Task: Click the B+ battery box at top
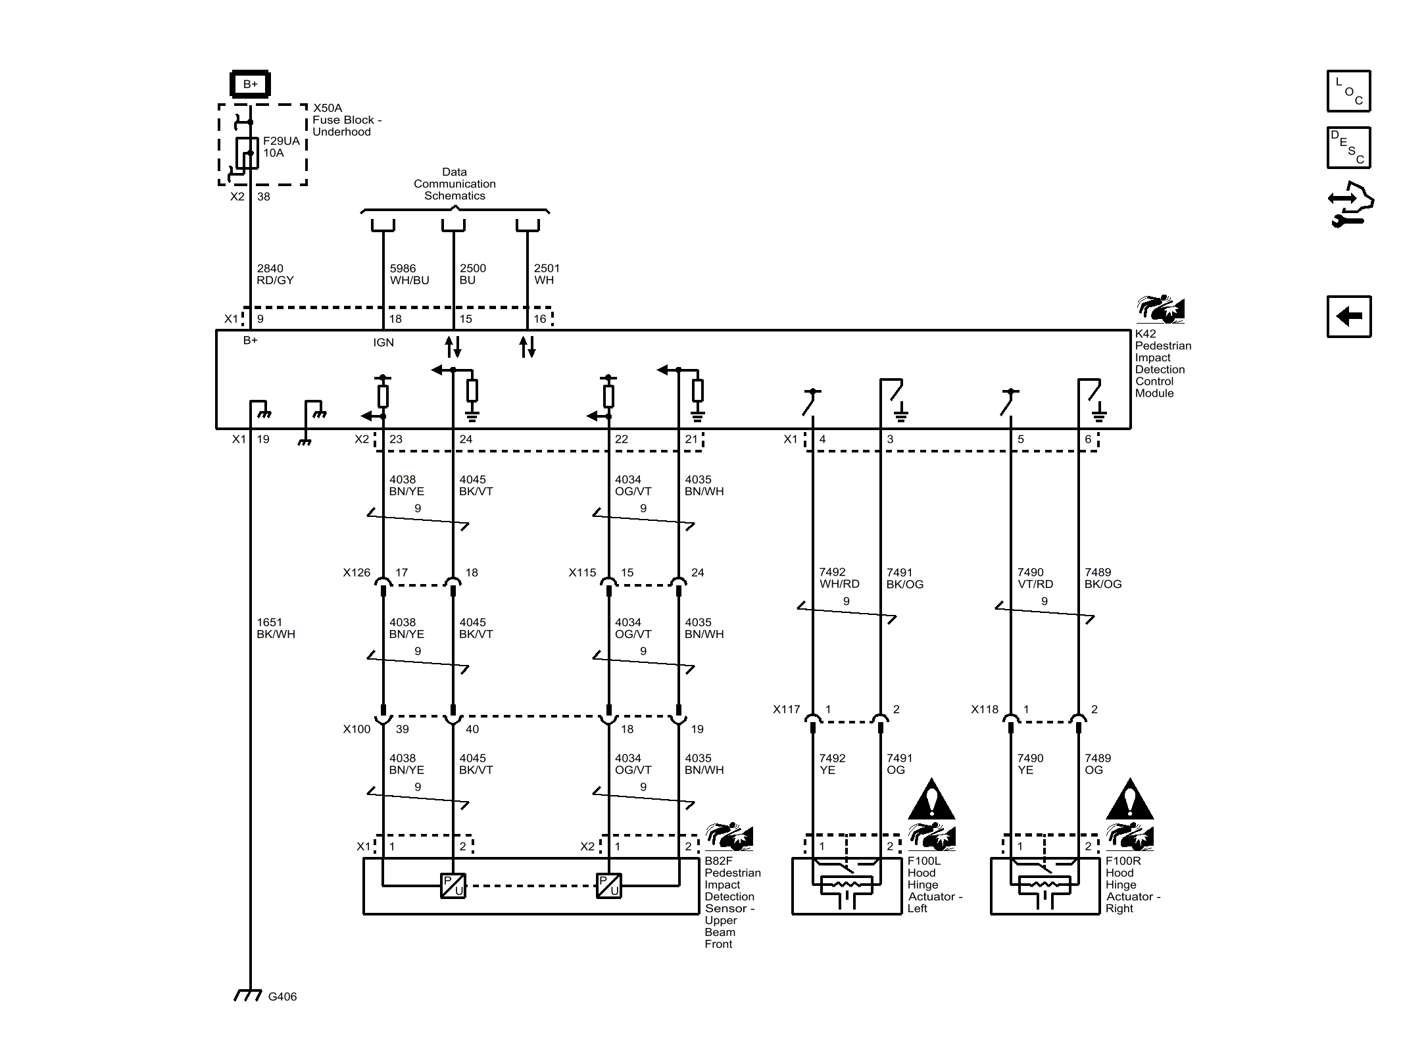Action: click(250, 84)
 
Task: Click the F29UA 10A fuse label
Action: click(281, 147)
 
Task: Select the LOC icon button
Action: click(1348, 91)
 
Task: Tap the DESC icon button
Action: click(1348, 148)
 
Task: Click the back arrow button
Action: click(1348, 317)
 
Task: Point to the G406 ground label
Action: click(282, 996)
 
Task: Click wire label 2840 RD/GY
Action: click(275, 274)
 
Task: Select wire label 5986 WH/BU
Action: click(408, 274)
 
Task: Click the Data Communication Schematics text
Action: click(455, 184)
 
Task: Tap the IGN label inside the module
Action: click(383, 342)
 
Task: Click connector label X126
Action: click(356, 573)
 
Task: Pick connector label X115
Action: click(582, 573)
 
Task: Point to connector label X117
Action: click(786, 710)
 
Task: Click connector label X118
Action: click(984, 710)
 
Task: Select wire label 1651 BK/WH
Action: click(276, 628)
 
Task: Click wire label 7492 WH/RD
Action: click(839, 578)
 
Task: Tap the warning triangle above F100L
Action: click(931, 800)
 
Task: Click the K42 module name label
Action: click(1162, 363)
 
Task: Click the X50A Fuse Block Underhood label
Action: click(346, 120)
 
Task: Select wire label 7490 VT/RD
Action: click(1035, 578)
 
